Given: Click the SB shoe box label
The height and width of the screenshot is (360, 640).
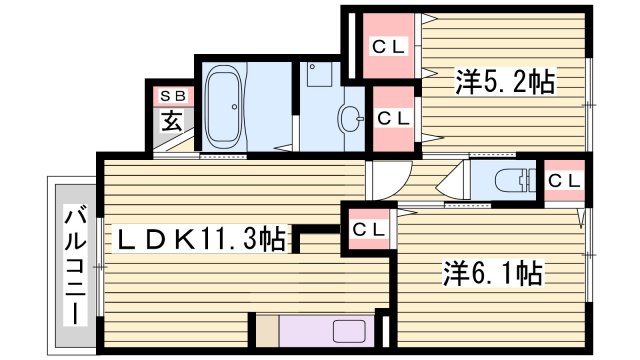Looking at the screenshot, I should [172, 95].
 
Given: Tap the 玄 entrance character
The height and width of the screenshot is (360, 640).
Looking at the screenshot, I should [173, 122].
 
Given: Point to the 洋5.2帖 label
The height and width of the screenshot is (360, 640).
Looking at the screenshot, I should [506, 80].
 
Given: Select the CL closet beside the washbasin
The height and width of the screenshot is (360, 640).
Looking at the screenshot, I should [393, 117].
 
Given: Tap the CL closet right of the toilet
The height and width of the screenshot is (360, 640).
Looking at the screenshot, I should [564, 181].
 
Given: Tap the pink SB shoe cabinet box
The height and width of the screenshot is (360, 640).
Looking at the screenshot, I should [172, 95].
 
